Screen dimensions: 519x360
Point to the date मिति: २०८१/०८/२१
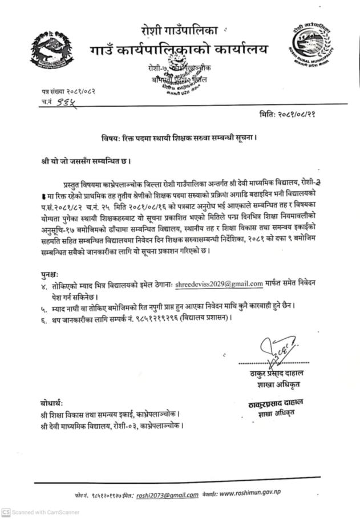tap(291, 114)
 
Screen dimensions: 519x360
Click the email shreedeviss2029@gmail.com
tap(219, 283)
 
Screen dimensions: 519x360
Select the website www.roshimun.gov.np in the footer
tap(250, 493)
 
